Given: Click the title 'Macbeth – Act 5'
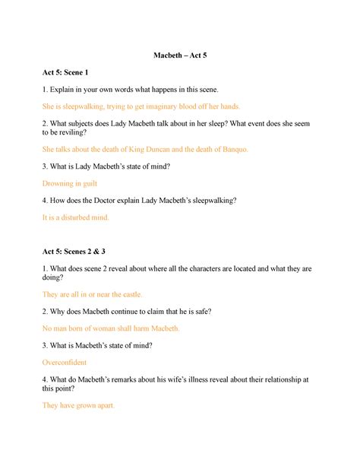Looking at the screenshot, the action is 180,55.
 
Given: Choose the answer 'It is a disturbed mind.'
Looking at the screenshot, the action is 76,217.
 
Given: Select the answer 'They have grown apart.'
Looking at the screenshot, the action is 78,406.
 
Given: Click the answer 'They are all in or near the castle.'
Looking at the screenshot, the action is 93,294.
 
